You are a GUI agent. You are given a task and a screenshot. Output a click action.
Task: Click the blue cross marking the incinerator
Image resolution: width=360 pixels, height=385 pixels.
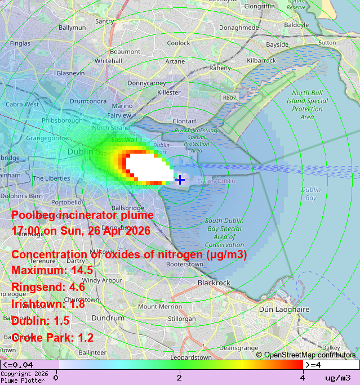pos(180,180)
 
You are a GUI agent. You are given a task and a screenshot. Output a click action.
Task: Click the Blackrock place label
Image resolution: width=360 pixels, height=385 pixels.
pos(214,283)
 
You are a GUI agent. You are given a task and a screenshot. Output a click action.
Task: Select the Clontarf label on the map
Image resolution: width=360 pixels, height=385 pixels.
pos(184,121)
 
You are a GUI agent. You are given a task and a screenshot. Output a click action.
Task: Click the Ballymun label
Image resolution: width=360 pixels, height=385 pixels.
pos(72,27)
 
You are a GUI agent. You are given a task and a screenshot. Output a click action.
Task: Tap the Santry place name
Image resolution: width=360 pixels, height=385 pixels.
pos(105,21)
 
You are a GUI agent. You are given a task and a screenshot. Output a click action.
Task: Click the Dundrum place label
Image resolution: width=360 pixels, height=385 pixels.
pos(108,318)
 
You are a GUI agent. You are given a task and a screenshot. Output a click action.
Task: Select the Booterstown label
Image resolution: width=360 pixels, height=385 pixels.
pos(185,263)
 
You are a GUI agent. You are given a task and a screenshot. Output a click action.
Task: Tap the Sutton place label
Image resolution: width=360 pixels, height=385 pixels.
pos(327,42)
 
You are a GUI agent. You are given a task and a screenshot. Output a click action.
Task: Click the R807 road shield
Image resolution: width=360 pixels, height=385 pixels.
pos(229,97)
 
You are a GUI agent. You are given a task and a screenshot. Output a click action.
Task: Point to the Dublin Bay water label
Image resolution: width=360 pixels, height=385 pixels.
pos(310,194)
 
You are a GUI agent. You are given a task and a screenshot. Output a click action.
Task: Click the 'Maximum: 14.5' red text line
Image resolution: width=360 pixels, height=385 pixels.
pos(52,271)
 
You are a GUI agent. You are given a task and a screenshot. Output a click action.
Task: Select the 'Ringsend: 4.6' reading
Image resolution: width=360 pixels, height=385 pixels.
pos(48,288)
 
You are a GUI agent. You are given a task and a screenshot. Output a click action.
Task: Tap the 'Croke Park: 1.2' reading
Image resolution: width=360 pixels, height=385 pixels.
pos(52,338)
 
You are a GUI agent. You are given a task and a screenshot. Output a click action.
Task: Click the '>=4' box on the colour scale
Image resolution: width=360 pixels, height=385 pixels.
pos(331,365)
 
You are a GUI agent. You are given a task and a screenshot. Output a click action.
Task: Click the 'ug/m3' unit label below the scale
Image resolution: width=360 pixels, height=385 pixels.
pos(337,377)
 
